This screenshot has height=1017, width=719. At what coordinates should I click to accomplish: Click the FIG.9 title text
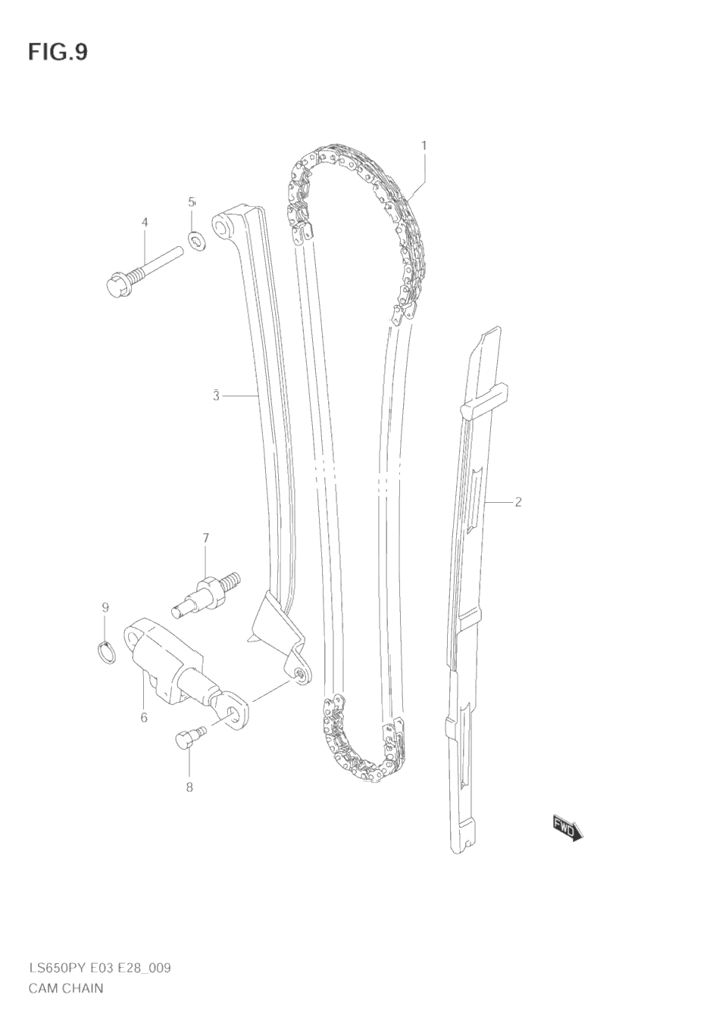click(x=58, y=52)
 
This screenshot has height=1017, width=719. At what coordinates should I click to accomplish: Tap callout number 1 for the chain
click(x=424, y=145)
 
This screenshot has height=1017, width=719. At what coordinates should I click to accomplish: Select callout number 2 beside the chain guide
click(x=518, y=502)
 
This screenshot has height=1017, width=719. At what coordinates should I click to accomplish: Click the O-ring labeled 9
click(x=107, y=650)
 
